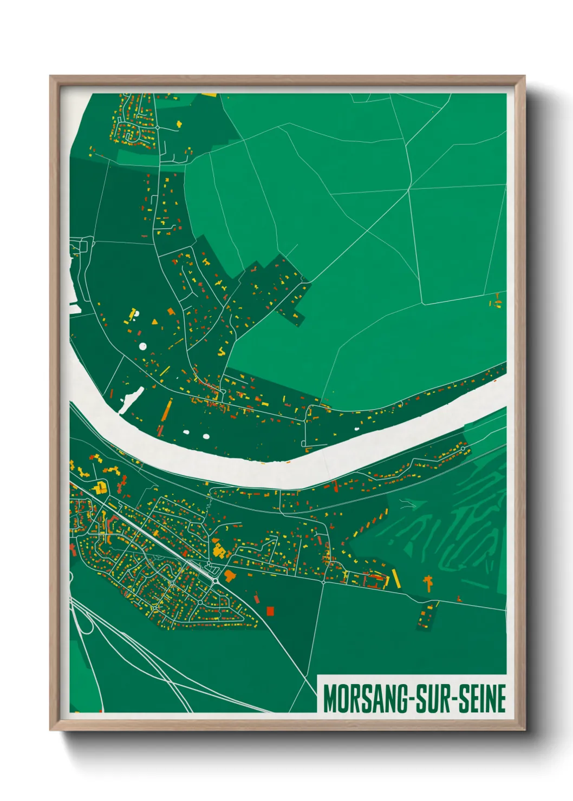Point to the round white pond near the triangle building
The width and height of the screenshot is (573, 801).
[143, 345]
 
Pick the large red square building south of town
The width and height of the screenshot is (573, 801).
[270, 610]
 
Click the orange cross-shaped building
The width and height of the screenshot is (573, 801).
[428, 583]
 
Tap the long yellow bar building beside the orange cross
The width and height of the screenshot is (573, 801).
[395, 577]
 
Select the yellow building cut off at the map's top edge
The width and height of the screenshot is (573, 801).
[209, 95]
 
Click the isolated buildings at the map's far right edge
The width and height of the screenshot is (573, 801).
[496, 301]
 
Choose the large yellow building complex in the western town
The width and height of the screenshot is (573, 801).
[100, 488]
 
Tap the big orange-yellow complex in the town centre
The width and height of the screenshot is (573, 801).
[219, 551]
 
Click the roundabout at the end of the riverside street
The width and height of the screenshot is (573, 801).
[463, 449]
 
